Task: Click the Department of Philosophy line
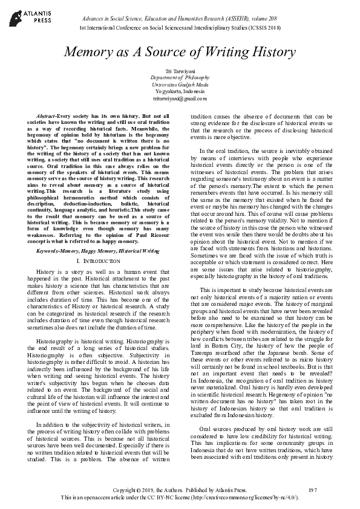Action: (x=180, y=79)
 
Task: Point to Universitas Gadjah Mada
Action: (x=180, y=85)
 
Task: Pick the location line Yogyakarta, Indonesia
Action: (x=180, y=91)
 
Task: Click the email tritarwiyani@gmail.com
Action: (x=180, y=98)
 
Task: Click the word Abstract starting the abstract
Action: (x=48, y=115)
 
